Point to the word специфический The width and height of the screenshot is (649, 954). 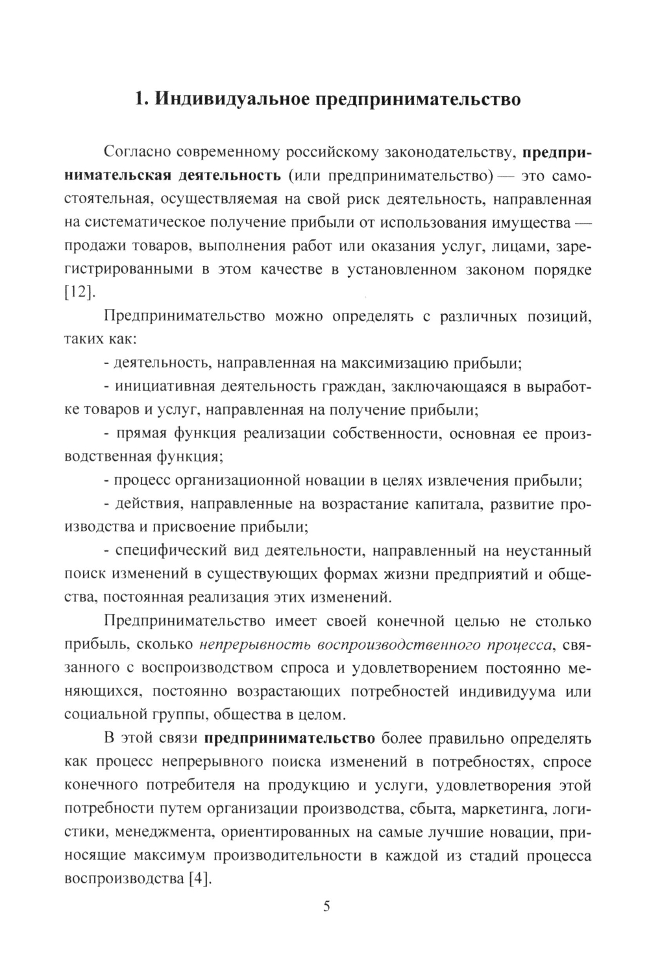[x=173, y=551]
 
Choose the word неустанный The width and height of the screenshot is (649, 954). [x=549, y=551]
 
